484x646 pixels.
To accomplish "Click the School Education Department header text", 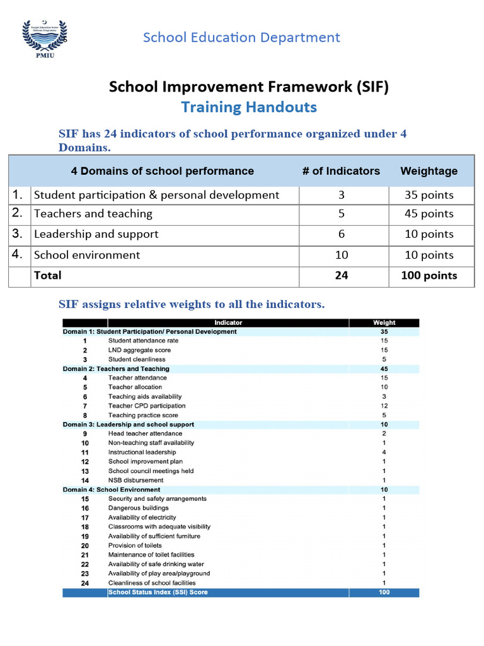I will point(241,37).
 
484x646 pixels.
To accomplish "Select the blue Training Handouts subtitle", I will point(249,107).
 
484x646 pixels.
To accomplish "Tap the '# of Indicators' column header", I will point(341,171).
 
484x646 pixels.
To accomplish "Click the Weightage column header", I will point(429,171).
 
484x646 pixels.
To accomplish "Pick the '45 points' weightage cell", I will point(429,214).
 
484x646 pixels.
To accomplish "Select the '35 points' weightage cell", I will point(429,195).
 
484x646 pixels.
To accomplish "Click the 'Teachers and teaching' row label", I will point(93,214).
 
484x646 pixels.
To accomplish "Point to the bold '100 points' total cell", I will point(429,276).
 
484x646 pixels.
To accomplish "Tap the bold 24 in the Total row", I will point(341,276).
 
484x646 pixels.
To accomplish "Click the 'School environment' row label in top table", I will point(87,255).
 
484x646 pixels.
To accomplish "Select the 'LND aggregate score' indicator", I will point(139,350).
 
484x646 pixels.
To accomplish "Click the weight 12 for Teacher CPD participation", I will point(384,406).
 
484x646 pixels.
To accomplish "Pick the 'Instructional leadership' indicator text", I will point(142,452).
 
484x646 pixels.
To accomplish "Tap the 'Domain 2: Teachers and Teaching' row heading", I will point(116,368).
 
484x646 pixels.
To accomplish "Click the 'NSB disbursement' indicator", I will point(135,480).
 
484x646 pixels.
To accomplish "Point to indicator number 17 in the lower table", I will point(85,517).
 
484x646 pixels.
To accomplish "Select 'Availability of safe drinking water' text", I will point(156,564).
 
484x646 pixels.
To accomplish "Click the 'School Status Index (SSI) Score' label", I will point(158,592).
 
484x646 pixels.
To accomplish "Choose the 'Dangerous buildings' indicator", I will point(138,508).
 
